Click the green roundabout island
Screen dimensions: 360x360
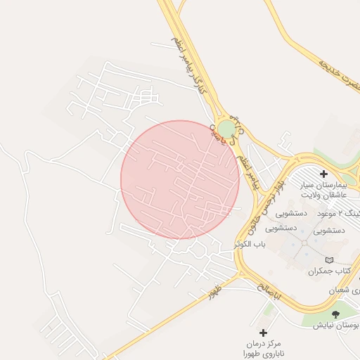click(x=226, y=129)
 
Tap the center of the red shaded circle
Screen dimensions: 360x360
click(x=180, y=179)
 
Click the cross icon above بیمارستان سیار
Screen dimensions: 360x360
click(x=323, y=174)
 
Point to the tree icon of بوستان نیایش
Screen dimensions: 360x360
click(x=335, y=314)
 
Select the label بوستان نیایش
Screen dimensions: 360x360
click(x=337, y=326)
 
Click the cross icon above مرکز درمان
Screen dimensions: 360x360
click(x=263, y=333)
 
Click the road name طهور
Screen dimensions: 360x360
click(x=210, y=292)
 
